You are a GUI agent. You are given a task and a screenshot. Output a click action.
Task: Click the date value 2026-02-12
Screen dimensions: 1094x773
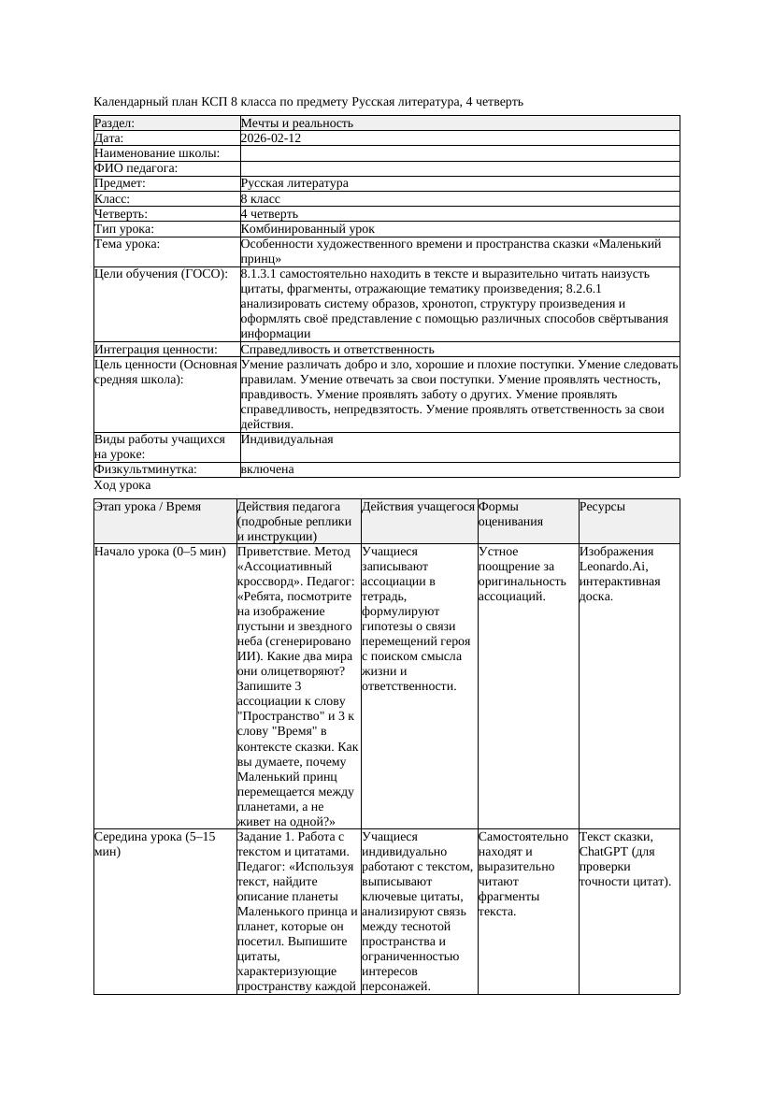[x=270, y=138]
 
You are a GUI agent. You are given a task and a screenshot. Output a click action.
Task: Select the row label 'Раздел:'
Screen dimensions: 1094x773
[x=115, y=123]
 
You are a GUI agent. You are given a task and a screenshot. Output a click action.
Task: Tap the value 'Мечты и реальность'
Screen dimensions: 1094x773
[x=296, y=123]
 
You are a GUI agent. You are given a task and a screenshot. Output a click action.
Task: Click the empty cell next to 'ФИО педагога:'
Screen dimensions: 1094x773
[x=459, y=168]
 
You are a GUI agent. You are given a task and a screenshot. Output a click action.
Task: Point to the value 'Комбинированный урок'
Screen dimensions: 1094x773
[x=308, y=229]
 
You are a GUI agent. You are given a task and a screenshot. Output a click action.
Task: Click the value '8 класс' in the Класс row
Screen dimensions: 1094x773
[x=261, y=199]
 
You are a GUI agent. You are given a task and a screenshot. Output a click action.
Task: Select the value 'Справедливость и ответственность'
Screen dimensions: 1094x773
[x=336, y=350]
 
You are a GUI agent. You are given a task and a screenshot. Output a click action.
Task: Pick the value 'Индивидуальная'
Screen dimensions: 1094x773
[x=287, y=439]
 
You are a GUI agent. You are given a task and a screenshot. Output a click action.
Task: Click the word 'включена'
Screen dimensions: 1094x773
[x=267, y=469]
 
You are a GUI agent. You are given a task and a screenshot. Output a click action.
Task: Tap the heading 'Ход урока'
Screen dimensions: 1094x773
[x=122, y=486]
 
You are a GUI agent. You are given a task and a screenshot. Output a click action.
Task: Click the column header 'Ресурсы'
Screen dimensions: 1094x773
[x=602, y=507]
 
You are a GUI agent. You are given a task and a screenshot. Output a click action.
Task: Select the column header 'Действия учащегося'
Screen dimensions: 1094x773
[x=418, y=507]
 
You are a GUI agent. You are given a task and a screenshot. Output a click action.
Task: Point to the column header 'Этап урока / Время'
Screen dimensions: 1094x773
[x=148, y=507]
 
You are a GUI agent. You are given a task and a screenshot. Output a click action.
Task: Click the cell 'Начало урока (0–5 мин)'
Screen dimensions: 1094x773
[x=160, y=552]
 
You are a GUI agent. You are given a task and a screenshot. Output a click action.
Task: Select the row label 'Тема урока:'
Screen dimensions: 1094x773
[x=127, y=244]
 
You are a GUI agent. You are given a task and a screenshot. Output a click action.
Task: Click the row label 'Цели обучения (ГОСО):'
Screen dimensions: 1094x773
[x=161, y=274]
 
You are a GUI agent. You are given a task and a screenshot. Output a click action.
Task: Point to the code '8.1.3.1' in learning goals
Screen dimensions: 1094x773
[x=262, y=274]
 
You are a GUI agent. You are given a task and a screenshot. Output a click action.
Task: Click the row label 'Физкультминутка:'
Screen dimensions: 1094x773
[x=146, y=469]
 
